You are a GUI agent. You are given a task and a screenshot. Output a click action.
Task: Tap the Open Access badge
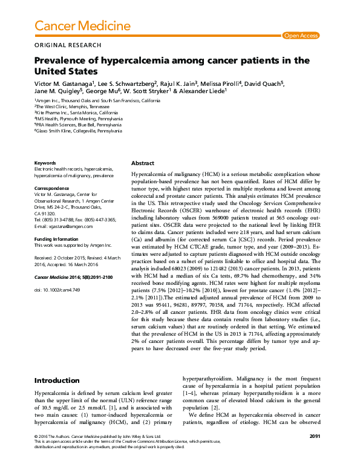click(301, 36)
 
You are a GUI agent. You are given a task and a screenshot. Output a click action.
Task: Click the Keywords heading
click(45, 163)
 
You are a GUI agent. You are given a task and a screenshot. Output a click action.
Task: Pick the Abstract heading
click(143, 163)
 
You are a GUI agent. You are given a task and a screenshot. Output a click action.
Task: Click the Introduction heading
click(56, 380)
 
